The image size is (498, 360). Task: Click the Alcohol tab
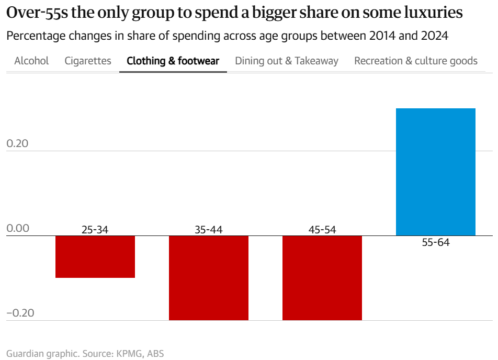tap(31, 61)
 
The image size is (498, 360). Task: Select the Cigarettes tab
tap(88, 61)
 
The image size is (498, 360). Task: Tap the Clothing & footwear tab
tap(173, 61)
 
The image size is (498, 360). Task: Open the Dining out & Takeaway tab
tap(286, 61)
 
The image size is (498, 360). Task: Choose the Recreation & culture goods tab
tap(415, 61)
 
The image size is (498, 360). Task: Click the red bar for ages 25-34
tap(95, 256)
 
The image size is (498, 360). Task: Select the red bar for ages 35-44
tap(208, 277)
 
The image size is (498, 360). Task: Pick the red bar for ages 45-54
tap(322, 277)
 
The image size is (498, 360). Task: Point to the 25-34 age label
tap(95, 229)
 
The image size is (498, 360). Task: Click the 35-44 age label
tap(208, 229)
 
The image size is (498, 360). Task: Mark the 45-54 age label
tap(322, 229)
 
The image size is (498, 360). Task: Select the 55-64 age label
tap(435, 243)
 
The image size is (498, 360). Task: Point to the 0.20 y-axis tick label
tap(18, 144)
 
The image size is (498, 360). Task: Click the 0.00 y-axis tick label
tap(18, 229)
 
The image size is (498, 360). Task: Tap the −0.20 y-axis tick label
tap(20, 313)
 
